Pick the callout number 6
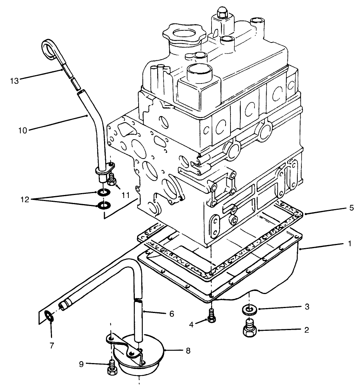(x=172, y=313)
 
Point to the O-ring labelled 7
(x=49, y=316)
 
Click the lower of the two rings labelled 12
(x=103, y=206)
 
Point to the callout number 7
(x=52, y=346)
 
